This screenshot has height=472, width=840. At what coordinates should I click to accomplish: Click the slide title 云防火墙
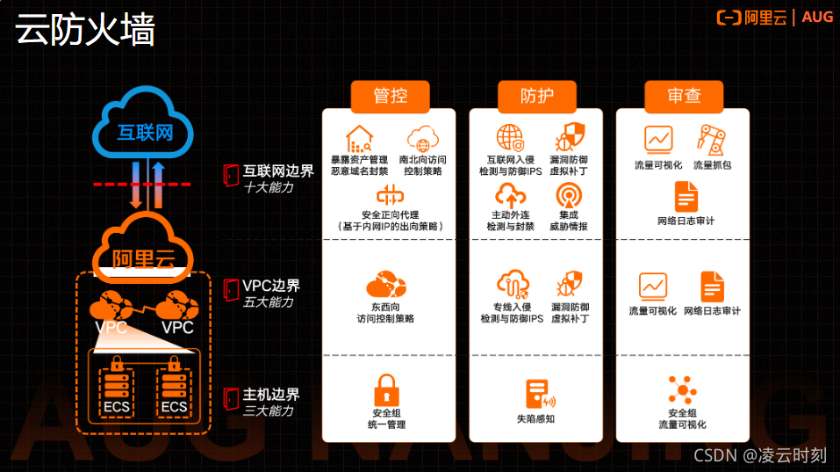(x=84, y=30)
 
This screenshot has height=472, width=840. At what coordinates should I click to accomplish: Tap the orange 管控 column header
(x=390, y=97)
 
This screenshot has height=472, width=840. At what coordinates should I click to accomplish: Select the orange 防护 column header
(x=536, y=97)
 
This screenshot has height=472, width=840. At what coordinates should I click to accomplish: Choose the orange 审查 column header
(x=684, y=97)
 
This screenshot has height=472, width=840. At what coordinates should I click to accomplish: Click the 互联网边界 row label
(x=278, y=171)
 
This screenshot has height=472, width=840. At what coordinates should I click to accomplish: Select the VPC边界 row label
(x=271, y=286)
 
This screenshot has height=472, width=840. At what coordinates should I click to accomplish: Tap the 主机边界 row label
(x=271, y=395)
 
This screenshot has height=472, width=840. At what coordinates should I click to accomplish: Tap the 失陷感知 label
(x=535, y=419)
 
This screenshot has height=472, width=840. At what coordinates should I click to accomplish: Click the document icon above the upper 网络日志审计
(x=686, y=195)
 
